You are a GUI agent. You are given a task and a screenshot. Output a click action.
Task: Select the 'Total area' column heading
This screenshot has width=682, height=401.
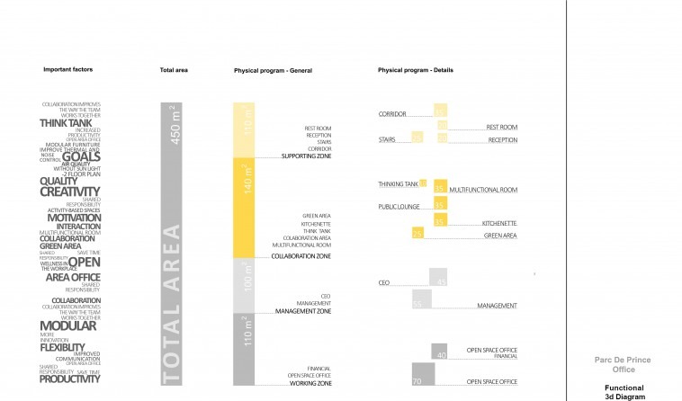point(175,70)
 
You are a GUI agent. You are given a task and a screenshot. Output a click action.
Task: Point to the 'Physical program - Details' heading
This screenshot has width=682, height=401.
point(415,70)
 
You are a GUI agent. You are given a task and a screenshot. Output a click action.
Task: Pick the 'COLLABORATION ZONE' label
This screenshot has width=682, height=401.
point(301,256)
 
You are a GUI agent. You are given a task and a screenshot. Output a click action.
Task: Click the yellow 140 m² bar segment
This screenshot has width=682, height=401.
point(245,206)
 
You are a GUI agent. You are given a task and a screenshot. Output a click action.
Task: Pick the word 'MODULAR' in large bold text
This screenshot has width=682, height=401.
point(67,325)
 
